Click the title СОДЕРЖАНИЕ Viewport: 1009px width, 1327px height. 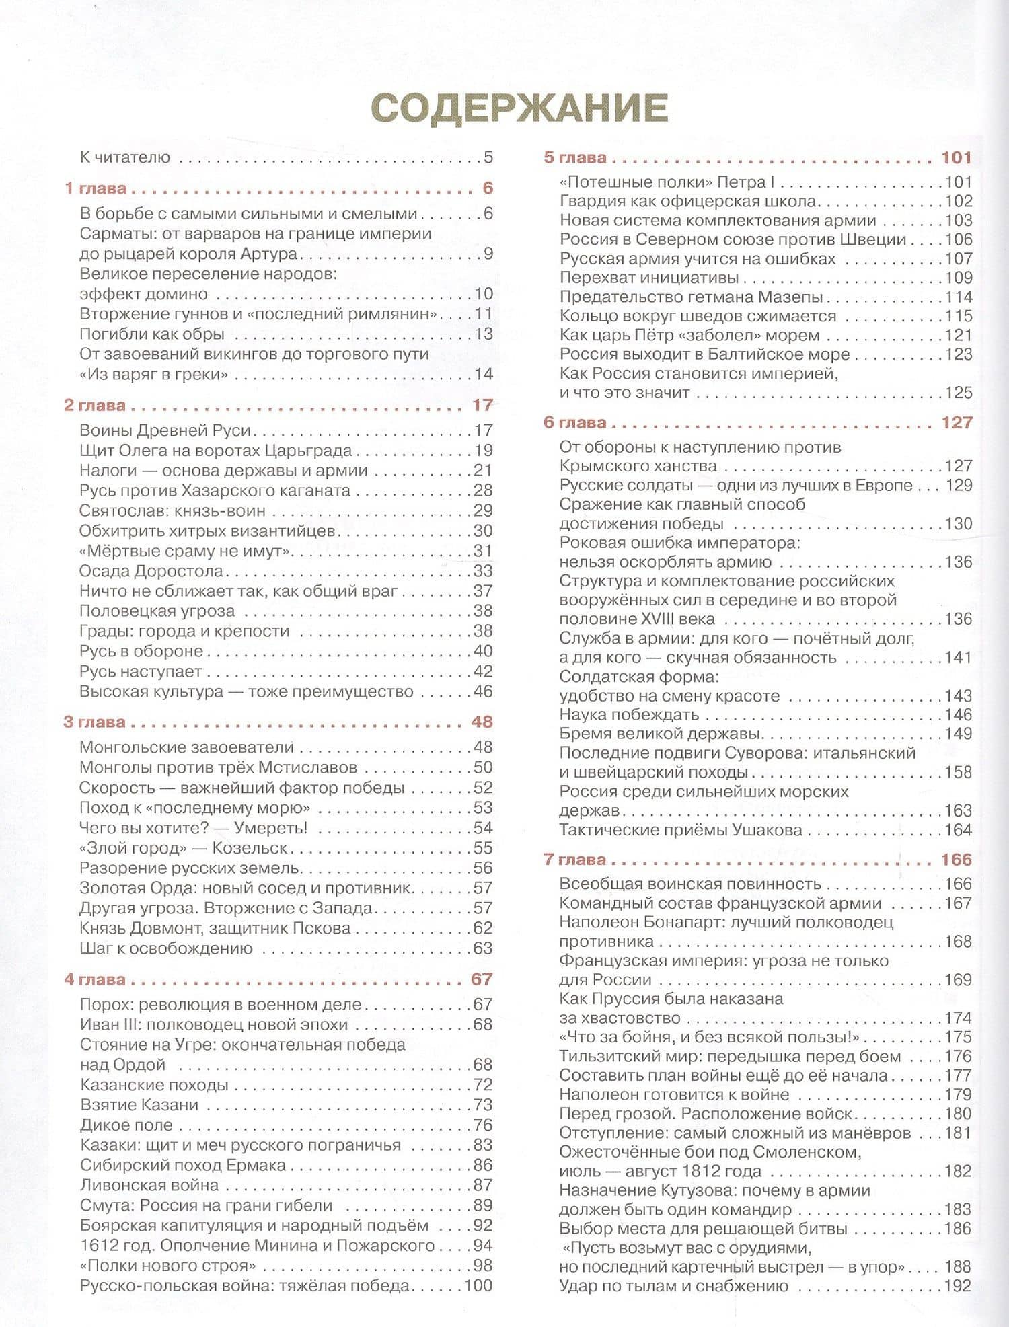[519, 107]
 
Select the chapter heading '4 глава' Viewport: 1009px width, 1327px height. [95, 979]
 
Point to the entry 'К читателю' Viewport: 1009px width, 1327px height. [125, 158]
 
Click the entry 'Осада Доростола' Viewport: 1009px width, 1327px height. [151, 571]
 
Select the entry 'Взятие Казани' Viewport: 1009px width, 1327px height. [139, 1105]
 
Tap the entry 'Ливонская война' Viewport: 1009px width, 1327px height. [149, 1185]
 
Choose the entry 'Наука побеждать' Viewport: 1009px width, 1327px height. [629, 714]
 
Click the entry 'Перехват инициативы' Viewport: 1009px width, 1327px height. [649, 278]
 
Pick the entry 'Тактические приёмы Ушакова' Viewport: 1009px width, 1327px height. [681, 830]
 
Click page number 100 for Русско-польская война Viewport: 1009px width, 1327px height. [478, 1286]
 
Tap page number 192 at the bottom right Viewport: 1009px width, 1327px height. [958, 1286]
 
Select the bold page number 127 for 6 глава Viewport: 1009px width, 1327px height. [957, 422]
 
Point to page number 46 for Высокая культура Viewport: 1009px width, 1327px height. [482, 691]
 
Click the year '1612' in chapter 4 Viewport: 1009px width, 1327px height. [98, 1246]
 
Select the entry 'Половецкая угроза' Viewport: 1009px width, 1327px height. [157, 611]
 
